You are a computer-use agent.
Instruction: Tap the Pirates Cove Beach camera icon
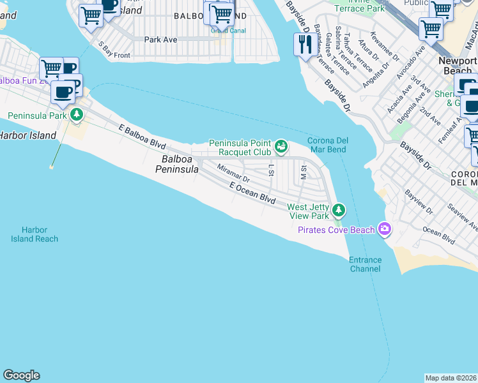[385, 228]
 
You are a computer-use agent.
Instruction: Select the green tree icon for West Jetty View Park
[338, 209]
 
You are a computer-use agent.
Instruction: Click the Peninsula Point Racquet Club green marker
[281, 147]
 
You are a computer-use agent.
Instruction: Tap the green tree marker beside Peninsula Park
[77, 116]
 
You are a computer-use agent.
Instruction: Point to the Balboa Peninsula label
[177, 164]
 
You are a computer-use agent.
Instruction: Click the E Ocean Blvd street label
[252, 192]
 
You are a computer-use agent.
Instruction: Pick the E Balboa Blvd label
[142, 137]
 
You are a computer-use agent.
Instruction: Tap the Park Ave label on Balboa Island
[160, 40]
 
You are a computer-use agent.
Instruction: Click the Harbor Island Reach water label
[35, 234]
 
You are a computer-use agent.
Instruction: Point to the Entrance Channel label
[365, 264]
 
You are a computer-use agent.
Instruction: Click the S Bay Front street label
[114, 51]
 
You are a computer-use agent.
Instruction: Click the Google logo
[21, 375]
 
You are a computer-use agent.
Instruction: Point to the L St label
[271, 170]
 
